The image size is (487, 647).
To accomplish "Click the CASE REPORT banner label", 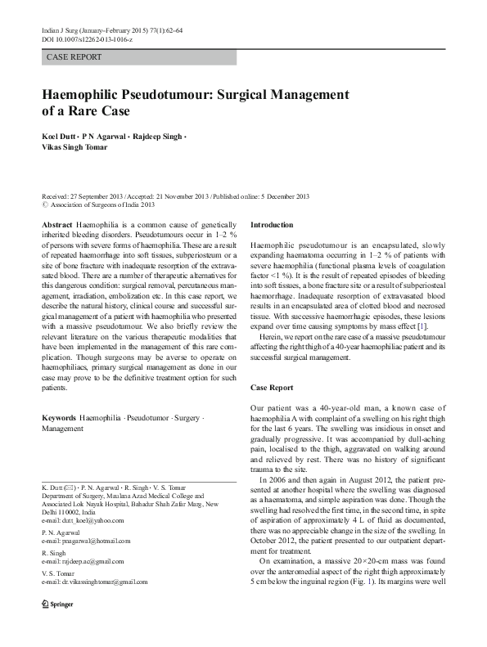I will click(x=74, y=57).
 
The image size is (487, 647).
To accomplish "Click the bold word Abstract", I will click(x=56, y=224).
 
